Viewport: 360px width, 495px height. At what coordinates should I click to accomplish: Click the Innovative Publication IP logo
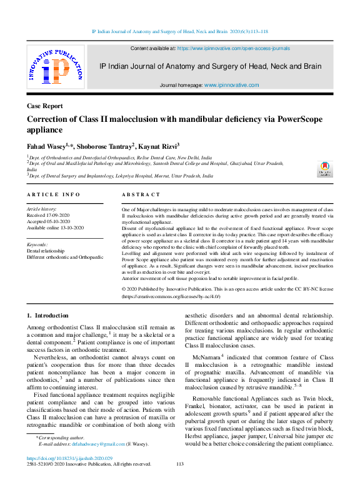tap(55, 69)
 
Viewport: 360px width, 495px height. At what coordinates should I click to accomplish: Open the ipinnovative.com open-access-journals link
tap(234, 47)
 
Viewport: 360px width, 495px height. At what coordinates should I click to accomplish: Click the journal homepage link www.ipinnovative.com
tap(231, 84)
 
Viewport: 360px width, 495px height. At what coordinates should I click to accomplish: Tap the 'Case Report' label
tap(44, 106)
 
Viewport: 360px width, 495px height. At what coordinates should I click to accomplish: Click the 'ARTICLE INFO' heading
tap(53, 194)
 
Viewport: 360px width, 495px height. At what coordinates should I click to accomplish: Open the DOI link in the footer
tap(70, 458)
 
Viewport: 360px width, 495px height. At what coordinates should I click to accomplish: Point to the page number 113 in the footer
tap(180, 464)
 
